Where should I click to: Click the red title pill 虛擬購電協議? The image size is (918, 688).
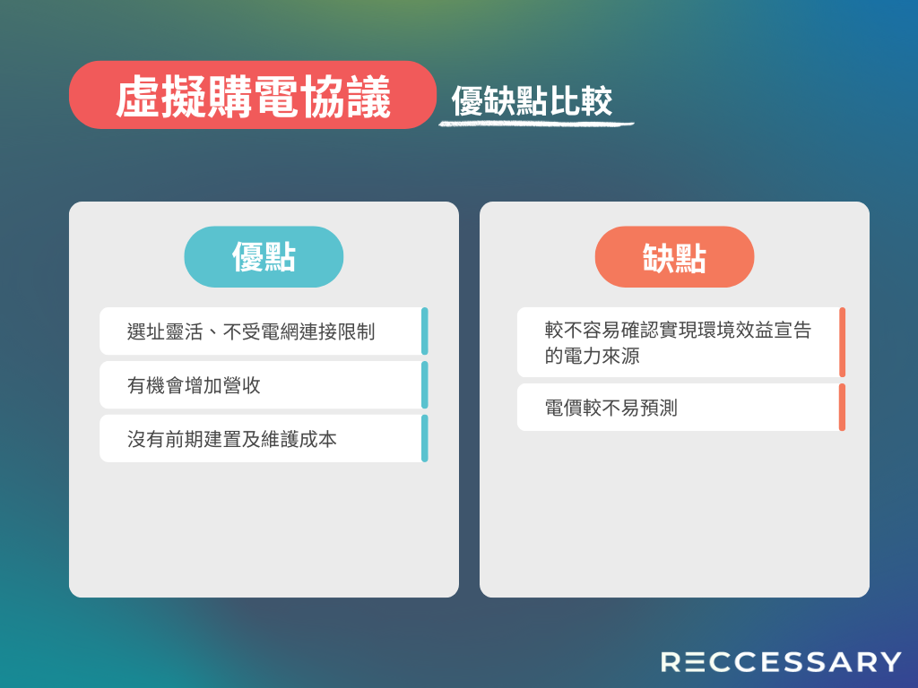[252, 95]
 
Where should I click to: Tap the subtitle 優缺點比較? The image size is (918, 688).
[532, 101]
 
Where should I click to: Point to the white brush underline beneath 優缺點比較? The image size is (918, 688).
[536, 124]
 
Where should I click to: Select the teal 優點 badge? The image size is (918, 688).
[264, 256]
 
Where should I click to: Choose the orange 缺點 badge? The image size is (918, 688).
[674, 256]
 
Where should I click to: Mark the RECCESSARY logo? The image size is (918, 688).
[781, 662]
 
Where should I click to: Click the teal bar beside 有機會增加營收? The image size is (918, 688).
[424, 385]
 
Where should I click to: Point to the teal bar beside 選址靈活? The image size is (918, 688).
[424, 331]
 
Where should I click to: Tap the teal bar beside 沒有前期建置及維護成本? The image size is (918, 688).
[424, 439]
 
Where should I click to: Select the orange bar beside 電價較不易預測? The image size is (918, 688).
[842, 408]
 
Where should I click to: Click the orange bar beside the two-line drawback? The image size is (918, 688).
[842, 342]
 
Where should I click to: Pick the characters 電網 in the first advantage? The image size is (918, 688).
[280, 331]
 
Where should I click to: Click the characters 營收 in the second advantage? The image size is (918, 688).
[242, 385]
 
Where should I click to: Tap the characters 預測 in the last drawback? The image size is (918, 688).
[659, 408]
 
